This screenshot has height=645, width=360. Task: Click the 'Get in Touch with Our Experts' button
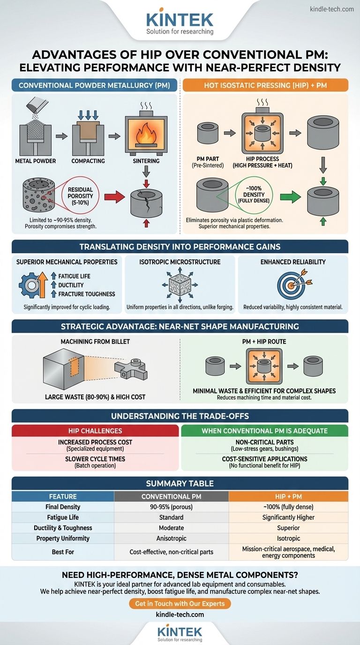(x=180, y=604)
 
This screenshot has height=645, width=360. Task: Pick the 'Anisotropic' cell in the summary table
(x=171, y=538)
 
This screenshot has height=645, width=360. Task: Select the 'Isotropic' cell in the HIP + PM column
(x=288, y=538)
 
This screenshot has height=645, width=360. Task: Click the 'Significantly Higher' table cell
(x=288, y=517)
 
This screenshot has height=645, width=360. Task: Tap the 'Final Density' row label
(x=63, y=506)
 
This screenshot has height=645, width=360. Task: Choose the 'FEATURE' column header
(x=63, y=496)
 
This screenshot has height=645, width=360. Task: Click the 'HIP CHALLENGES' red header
(x=95, y=430)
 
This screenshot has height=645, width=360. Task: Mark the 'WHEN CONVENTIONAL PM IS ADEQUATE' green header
(x=264, y=430)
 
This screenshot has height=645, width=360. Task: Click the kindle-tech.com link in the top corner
(x=332, y=9)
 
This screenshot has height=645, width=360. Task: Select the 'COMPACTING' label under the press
(x=89, y=161)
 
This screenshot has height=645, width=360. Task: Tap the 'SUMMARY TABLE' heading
(x=180, y=483)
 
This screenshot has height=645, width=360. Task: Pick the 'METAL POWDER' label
(x=36, y=161)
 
